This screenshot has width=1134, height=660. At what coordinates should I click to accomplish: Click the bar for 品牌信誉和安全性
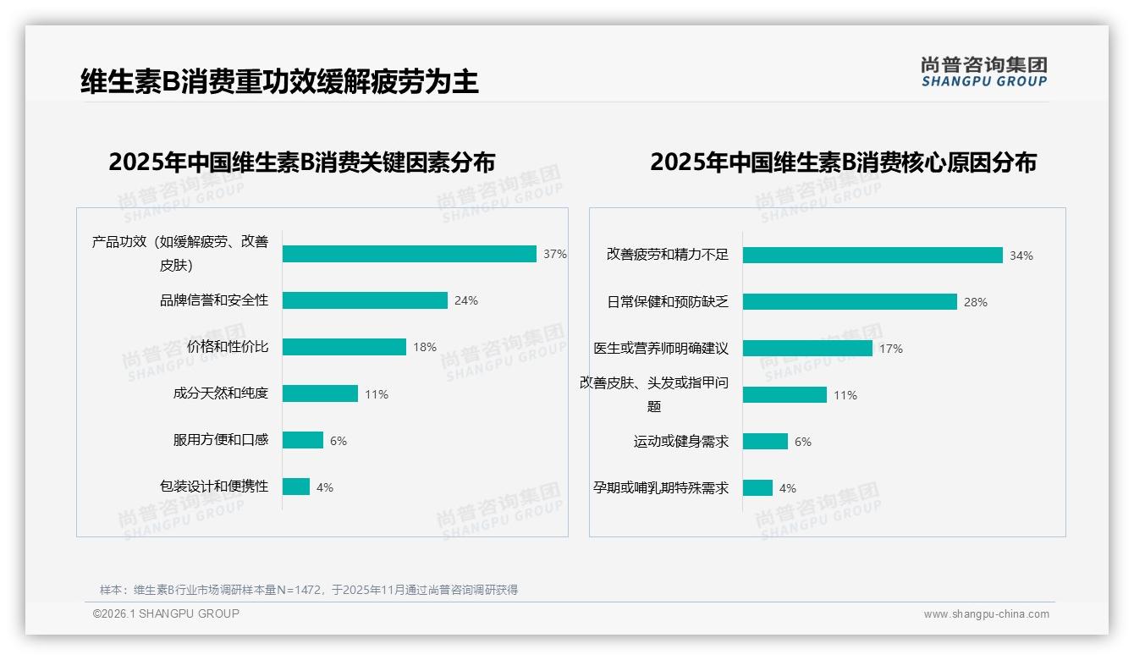pyautogui.click(x=365, y=300)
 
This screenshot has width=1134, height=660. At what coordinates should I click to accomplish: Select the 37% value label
pyautogui.click(x=555, y=254)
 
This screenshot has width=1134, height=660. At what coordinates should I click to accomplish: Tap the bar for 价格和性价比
pyautogui.click(x=344, y=347)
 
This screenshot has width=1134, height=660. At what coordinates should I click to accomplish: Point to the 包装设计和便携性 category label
pyautogui.click(x=214, y=487)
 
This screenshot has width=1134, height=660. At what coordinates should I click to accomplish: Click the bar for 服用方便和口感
pyautogui.click(x=303, y=440)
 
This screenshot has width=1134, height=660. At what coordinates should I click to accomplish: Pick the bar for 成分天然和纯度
pyautogui.click(x=320, y=393)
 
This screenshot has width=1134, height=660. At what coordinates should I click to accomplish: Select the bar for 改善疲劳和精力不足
pyautogui.click(x=873, y=255)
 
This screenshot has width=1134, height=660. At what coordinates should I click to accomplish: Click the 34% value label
pyautogui.click(x=1021, y=256)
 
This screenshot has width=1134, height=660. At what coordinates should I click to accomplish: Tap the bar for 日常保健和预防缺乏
pyautogui.click(x=850, y=301)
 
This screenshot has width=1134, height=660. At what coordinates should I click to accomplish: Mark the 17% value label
pyautogui.click(x=891, y=349)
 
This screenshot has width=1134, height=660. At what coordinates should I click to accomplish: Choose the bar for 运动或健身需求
pyautogui.click(x=765, y=442)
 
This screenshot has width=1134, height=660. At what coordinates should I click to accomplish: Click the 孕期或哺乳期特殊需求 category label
pyautogui.click(x=661, y=488)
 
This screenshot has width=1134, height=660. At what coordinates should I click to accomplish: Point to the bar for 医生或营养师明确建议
pyautogui.click(x=807, y=348)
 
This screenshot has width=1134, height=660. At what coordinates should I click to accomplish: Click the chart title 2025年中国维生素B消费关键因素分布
pyautogui.click(x=301, y=162)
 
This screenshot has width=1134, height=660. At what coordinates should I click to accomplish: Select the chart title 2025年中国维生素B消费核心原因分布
pyautogui.click(x=843, y=162)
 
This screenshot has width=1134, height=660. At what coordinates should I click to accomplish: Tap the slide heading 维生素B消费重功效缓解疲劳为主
pyautogui.click(x=279, y=81)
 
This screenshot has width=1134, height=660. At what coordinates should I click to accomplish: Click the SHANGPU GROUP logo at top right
pyautogui.click(x=984, y=72)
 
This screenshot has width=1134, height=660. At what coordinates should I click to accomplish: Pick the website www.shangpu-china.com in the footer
pyautogui.click(x=986, y=614)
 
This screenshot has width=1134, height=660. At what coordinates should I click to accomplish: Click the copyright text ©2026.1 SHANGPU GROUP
pyautogui.click(x=166, y=613)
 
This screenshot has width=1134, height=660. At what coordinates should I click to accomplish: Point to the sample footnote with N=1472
pyautogui.click(x=309, y=590)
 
